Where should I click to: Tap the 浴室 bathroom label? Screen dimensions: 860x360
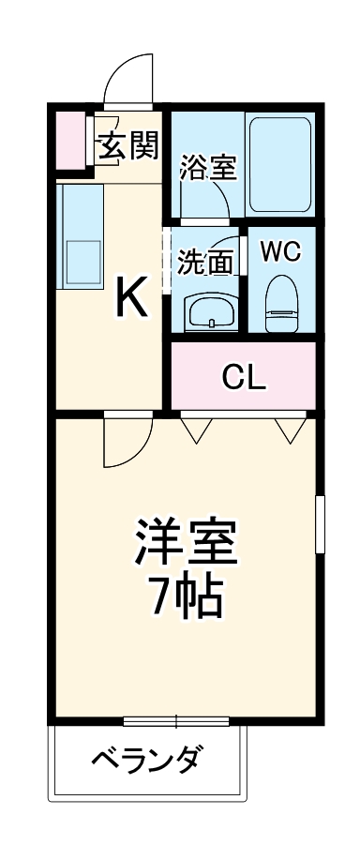pos(208,170)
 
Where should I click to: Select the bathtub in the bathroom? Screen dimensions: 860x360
pos(279,164)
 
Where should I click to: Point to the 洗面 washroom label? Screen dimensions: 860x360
pos(205,263)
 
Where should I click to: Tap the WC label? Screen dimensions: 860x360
pos(279,251)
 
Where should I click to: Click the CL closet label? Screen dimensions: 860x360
pos(244,377)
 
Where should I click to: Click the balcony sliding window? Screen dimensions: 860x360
pos(176,720)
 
